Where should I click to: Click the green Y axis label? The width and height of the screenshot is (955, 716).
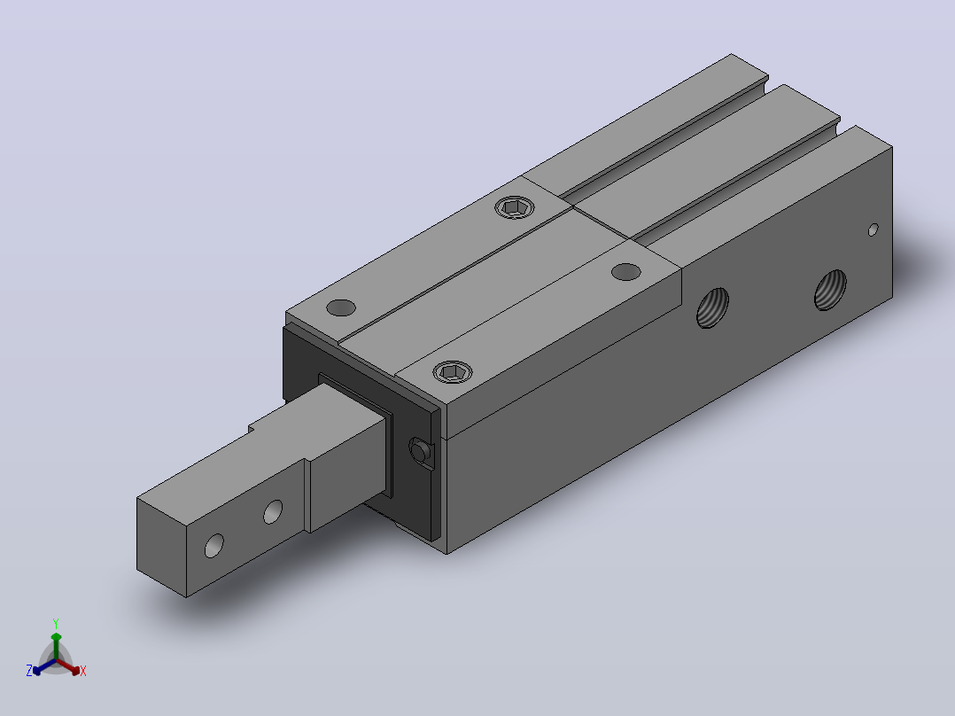pos(56,623)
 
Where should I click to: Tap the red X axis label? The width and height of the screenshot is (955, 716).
pos(83,671)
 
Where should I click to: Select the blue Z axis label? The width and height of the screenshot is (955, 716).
pos(29,670)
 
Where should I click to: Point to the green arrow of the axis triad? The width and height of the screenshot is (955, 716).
pos(56,646)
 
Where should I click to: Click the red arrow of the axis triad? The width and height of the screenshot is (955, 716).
pos(68,666)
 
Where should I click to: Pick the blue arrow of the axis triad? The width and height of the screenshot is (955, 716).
pos(44,666)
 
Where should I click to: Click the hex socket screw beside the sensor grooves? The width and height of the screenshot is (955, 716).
pos(515,207)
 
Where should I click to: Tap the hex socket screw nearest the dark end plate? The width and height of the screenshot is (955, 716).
pos(453,371)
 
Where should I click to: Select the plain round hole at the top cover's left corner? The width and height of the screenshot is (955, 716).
pos(341,307)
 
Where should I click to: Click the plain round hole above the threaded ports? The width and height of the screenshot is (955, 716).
pos(625,272)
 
